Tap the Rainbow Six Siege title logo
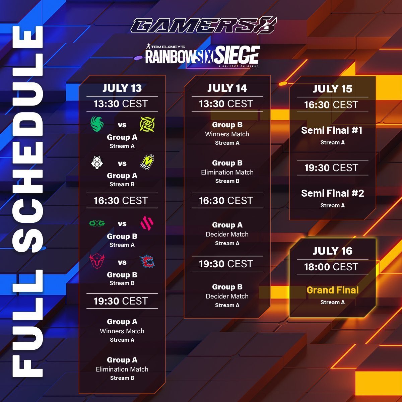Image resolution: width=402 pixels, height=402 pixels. pyautogui.click(x=202, y=56)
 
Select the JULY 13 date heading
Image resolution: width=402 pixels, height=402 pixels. pyautogui.click(x=122, y=88)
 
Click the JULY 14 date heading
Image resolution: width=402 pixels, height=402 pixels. pyautogui.click(x=227, y=88)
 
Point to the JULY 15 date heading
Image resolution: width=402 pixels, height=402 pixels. pyautogui.click(x=332, y=89)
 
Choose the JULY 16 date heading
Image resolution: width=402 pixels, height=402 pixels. pyautogui.click(x=332, y=251)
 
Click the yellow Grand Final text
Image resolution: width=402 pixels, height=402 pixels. pyautogui.click(x=332, y=290)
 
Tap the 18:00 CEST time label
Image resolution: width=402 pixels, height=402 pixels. pyautogui.click(x=331, y=267)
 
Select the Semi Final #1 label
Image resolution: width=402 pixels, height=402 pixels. pyautogui.click(x=332, y=130)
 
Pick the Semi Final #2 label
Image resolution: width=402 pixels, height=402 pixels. pyautogui.click(x=332, y=193)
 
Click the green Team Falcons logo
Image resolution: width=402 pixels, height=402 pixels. pyautogui.click(x=97, y=124)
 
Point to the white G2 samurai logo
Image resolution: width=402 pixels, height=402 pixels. pyautogui.click(x=97, y=162)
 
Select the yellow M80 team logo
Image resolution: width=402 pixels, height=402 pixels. pyautogui.click(x=147, y=162)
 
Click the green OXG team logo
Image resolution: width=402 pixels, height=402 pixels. pyautogui.click(x=97, y=223)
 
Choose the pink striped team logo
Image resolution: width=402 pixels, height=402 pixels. pyautogui.click(x=147, y=223)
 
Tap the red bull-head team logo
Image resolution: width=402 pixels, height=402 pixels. pyautogui.click(x=97, y=262)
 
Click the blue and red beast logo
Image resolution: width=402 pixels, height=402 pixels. pyautogui.click(x=147, y=262)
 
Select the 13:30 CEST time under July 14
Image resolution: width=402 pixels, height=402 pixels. pyautogui.click(x=226, y=104)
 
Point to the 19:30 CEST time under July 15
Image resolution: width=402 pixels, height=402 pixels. pyautogui.click(x=331, y=168)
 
